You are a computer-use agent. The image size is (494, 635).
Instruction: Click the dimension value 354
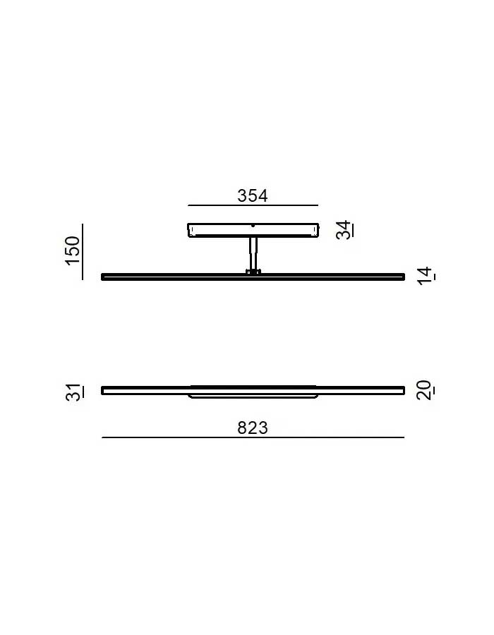tap(252, 195)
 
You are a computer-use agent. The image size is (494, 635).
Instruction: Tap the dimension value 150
tap(73, 250)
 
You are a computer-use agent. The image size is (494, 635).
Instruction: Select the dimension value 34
tap(344, 230)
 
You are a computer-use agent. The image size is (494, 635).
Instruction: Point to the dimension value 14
tap(426, 276)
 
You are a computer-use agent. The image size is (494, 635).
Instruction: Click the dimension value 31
tap(74, 392)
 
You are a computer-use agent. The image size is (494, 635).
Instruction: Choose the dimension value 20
tap(425, 390)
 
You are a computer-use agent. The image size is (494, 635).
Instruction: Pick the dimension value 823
tap(253, 428)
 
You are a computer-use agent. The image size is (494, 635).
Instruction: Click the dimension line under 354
tap(253, 205)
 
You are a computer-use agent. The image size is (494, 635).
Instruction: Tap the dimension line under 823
tap(253, 437)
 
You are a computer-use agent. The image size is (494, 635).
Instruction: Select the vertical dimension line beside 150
tap(82, 251)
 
